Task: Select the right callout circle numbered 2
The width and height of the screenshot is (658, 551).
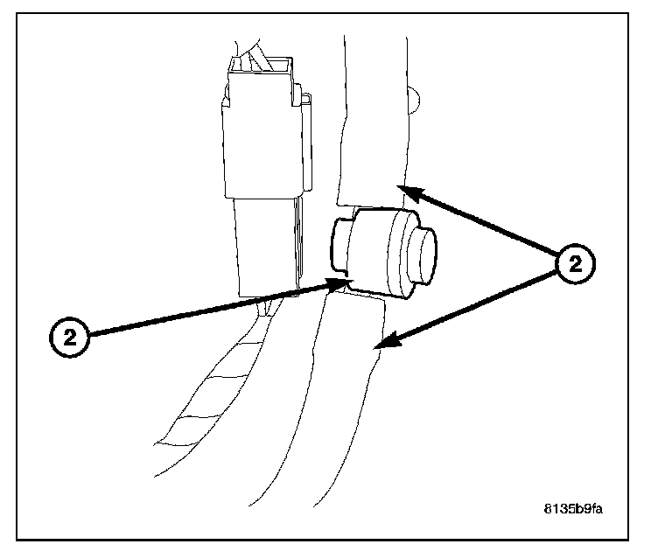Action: pyautogui.click(x=575, y=262)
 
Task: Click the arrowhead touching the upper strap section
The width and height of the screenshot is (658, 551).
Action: pyautogui.click(x=408, y=189)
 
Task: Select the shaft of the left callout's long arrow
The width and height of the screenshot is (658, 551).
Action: pyautogui.click(x=210, y=308)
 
